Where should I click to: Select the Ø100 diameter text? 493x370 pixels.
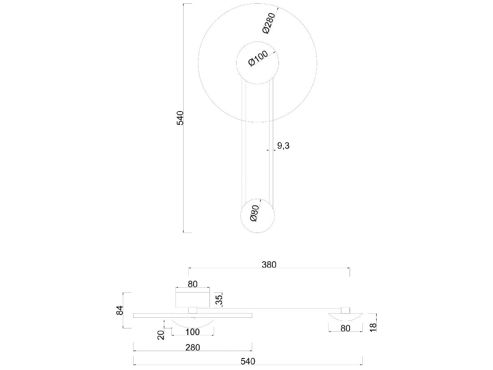point(258,58)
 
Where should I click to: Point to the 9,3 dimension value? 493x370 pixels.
point(283,145)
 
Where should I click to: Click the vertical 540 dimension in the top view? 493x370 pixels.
point(180,118)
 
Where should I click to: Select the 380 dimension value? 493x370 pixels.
point(269,265)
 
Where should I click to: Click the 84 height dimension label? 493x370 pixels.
point(120,310)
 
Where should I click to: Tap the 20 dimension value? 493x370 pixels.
point(161,335)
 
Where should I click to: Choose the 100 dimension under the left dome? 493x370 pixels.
point(192,332)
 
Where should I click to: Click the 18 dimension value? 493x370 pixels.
point(373,327)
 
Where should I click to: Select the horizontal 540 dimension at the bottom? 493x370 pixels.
point(248,361)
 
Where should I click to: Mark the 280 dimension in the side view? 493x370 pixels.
point(192,347)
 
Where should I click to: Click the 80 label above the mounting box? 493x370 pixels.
point(193,284)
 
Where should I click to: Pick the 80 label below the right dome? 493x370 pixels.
point(346,328)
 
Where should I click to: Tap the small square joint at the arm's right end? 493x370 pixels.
point(346,310)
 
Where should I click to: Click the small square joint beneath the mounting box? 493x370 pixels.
point(192,310)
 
